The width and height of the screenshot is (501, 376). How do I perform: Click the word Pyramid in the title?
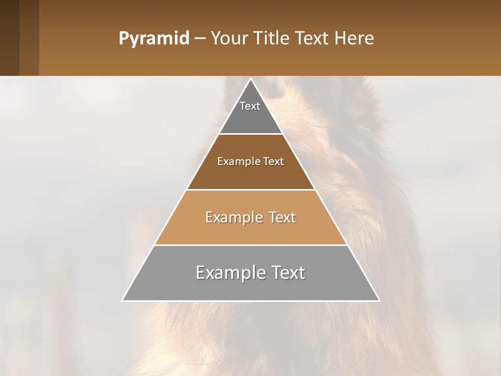click(x=153, y=39)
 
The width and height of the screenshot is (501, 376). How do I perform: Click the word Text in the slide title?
click(x=313, y=39)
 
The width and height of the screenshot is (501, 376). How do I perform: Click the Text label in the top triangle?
click(x=250, y=106)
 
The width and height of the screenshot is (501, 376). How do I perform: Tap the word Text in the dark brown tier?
click(x=273, y=162)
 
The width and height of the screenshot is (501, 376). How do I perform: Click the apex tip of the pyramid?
click(x=250, y=79)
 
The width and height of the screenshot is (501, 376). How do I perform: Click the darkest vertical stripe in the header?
click(x=9, y=38)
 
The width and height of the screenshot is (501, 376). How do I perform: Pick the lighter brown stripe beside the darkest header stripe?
click(x=29, y=38)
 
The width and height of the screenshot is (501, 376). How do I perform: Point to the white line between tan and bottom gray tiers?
click(x=250, y=245)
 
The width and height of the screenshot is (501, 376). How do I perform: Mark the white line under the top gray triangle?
click(x=250, y=134)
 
